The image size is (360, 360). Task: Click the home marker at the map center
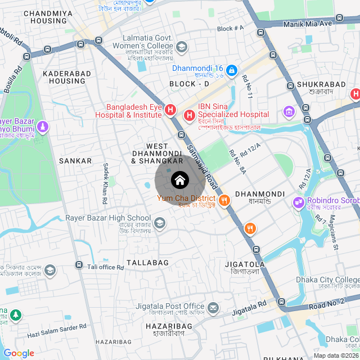pos(179,180)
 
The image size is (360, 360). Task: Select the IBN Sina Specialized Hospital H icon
pos(189,115)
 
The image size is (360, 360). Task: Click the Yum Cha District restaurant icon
pos(224,199)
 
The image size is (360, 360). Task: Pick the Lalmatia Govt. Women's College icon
pos(181,47)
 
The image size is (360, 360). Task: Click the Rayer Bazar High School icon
pos(160,224)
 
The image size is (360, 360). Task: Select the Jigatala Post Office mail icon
pos(213,308)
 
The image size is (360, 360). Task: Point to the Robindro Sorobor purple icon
pos(298,201)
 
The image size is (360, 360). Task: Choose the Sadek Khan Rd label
pos(105,183)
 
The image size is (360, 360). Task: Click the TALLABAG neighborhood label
pos(147,263)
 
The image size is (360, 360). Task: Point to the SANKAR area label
pos(75,161)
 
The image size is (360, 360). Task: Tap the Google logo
pos(19,353)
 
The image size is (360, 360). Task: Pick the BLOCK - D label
pos(189,84)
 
